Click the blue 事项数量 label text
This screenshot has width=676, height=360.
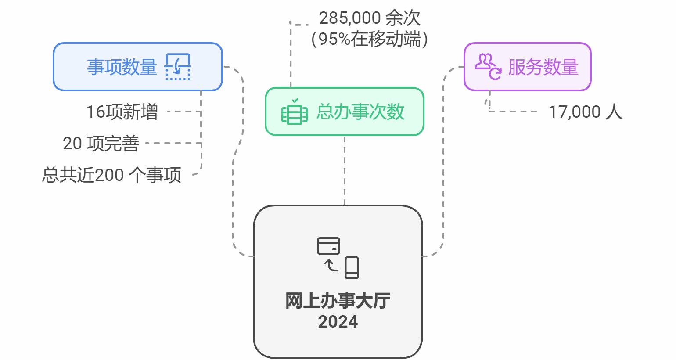pyautogui.click(x=122, y=67)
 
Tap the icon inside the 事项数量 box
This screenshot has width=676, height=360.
pyautogui.click(x=178, y=67)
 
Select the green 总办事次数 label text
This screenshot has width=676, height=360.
pyautogui.click(x=360, y=112)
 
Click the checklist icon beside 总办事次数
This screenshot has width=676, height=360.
pyautogui.click(x=294, y=112)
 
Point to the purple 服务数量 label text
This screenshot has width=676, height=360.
pyautogui.click(x=543, y=67)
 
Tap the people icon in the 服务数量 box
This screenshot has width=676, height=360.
pyautogui.click(x=488, y=66)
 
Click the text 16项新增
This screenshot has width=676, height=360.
pyautogui.click(x=122, y=112)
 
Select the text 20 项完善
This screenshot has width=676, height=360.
pyautogui.click(x=101, y=144)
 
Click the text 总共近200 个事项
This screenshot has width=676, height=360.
pyautogui.click(x=111, y=175)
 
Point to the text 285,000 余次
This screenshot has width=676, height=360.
pyautogui.click(x=370, y=18)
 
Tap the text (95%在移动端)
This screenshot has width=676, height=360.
pyautogui.click(x=370, y=39)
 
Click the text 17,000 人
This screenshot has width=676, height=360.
pyautogui.click(x=586, y=112)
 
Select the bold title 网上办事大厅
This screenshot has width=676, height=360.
pyautogui.click(x=338, y=301)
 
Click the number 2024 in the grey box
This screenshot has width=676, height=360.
pyautogui.click(x=338, y=322)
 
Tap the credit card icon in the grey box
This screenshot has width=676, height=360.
pyautogui.click(x=328, y=246)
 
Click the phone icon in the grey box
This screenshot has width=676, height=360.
pyautogui.click(x=352, y=267)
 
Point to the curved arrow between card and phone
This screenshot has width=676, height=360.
pyautogui.click(x=331, y=265)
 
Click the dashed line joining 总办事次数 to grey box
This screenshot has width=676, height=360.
pyautogui.click(x=345, y=171)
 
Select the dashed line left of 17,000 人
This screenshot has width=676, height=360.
pyautogui.click(x=514, y=112)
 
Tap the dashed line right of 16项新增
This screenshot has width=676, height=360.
pyautogui.click(x=184, y=112)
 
